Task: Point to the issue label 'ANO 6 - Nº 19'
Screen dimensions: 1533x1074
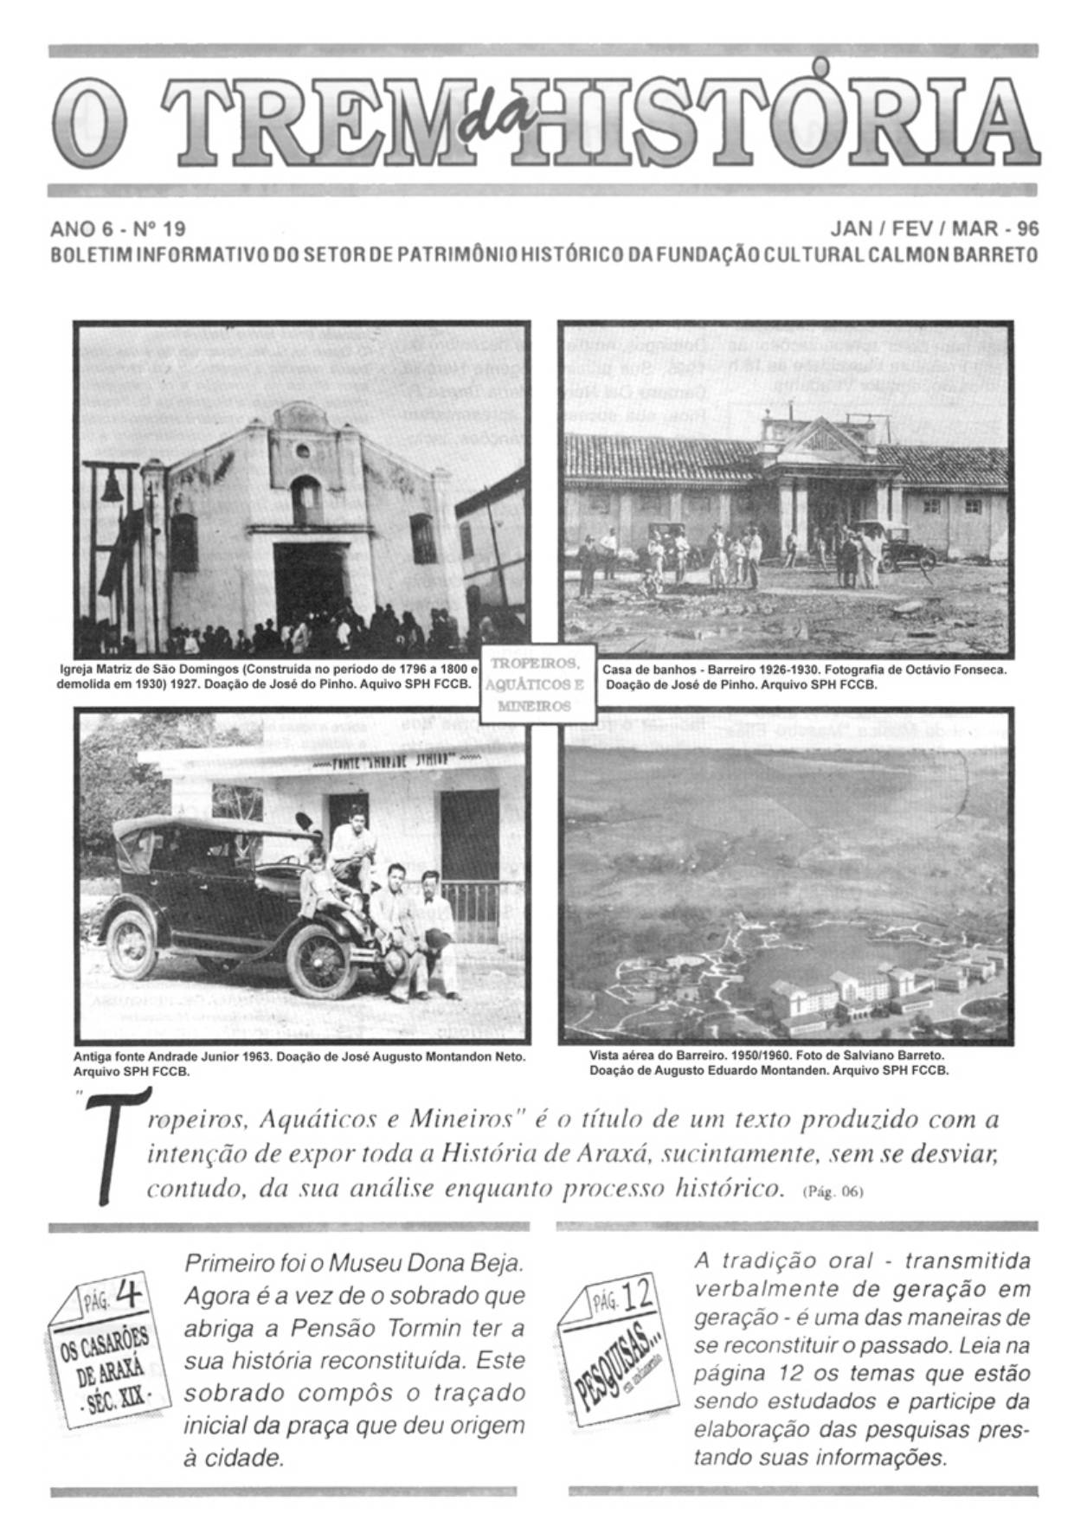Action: click(118, 229)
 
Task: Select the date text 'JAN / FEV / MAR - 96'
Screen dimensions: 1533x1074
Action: click(934, 229)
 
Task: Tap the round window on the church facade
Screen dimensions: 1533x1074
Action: click(302, 451)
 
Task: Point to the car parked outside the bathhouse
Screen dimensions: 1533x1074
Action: click(897, 546)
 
